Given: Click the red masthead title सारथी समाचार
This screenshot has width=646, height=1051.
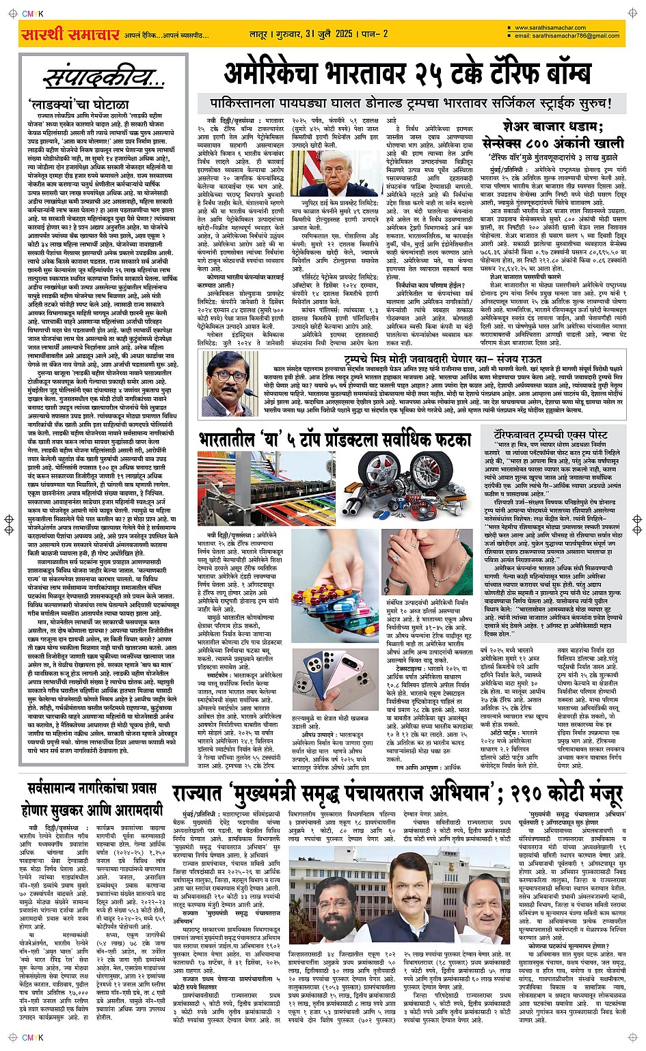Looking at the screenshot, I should tap(70, 35).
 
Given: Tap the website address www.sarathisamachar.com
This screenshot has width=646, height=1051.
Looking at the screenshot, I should tap(554, 28).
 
